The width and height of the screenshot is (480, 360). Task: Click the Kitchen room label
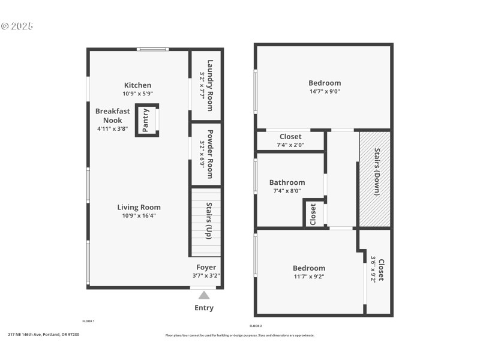tap(137, 85)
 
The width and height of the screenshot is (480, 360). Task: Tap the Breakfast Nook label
tap(112, 116)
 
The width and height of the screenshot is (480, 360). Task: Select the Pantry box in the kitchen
tap(146, 121)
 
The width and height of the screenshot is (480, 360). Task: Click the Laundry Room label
tap(206, 85)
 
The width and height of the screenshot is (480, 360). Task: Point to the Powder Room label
tap(206, 154)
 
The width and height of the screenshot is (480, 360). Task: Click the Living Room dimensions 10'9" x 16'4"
tap(139, 216)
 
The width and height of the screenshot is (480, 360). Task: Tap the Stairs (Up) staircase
tap(206, 222)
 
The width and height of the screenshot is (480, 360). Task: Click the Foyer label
tap(206, 268)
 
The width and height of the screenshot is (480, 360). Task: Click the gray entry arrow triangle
tap(204, 295)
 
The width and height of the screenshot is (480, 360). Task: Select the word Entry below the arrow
tap(204, 308)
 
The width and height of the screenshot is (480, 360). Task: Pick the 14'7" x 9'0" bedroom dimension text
tap(325, 92)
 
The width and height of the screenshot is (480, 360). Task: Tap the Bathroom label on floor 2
tap(287, 182)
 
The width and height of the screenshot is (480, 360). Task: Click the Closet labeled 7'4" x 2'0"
tap(290, 140)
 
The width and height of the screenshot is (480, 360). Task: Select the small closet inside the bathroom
tap(313, 214)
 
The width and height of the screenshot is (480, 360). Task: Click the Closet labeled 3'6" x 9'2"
tap(377, 270)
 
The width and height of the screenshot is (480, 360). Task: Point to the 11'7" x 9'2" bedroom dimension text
tap(309, 277)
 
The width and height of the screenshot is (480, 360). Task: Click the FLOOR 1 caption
tap(88, 321)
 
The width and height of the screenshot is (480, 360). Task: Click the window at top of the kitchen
tap(153, 49)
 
